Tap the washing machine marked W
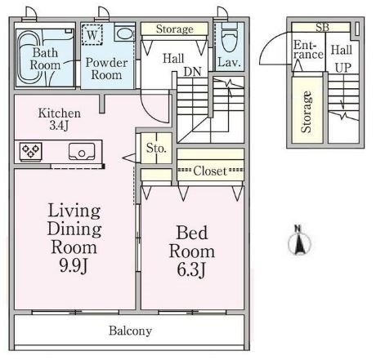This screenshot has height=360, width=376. pos(92,34)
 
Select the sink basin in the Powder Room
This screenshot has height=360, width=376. pos(124,33)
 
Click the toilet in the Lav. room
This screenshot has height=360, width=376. pos(230,38)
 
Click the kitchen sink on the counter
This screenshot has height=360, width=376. pos(82,151)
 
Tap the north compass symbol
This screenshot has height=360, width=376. pos(299,240)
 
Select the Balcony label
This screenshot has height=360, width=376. pos(130,331)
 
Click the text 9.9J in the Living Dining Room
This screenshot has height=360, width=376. pos(74,265)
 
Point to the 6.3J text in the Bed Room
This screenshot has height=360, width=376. pos(191,269)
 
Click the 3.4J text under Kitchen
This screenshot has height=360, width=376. pos(59,126)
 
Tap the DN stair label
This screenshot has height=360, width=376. pos(192,72)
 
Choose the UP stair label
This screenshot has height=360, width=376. pos(343,68)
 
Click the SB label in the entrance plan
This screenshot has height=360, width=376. pos(322,27)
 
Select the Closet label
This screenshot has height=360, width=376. pos(210,171)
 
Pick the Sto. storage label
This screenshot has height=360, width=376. pos(156,148)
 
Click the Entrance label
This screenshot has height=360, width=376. pos(308,50)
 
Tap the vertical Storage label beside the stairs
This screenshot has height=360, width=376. pos(307,112)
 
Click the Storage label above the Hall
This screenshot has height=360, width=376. pos(175,29)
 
